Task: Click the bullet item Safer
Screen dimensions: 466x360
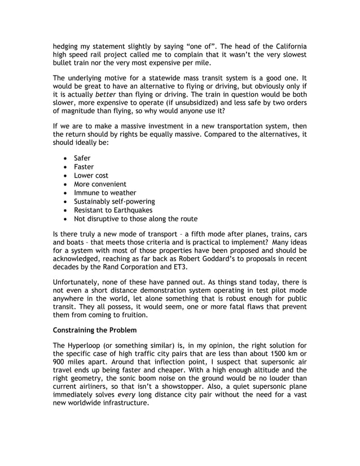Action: point(82,158)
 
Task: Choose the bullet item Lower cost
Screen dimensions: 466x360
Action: point(91,175)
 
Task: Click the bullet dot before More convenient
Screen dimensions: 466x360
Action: point(67,184)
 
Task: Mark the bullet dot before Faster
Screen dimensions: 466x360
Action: point(67,167)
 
